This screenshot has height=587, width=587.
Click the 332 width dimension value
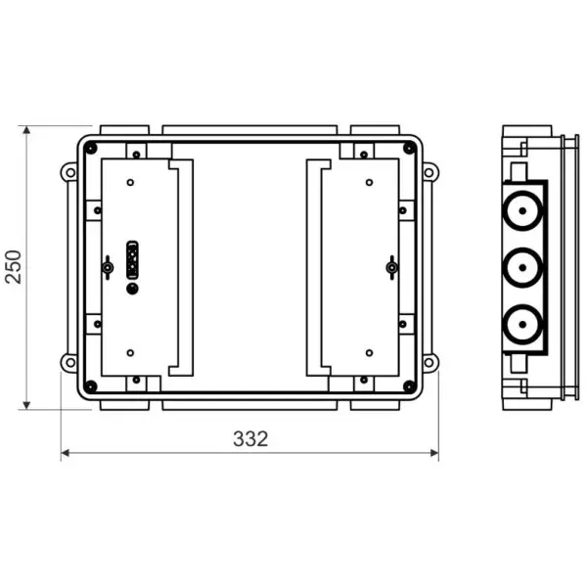click(x=250, y=438)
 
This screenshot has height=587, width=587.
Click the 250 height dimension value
click(x=14, y=266)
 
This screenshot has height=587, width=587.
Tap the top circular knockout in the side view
click(x=522, y=210)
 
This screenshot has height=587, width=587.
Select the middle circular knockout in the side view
click(x=522, y=267)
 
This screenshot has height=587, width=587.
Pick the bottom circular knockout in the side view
click(x=522, y=324)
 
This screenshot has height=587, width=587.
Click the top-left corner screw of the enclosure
click(x=91, y=148)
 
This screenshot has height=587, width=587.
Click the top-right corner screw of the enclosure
click(x=410, y=148)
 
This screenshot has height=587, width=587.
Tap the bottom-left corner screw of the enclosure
click(x=91, y=386)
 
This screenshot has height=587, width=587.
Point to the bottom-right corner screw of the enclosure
click(x=410, y=386)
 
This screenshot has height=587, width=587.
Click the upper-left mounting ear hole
click(x=70, y=173)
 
